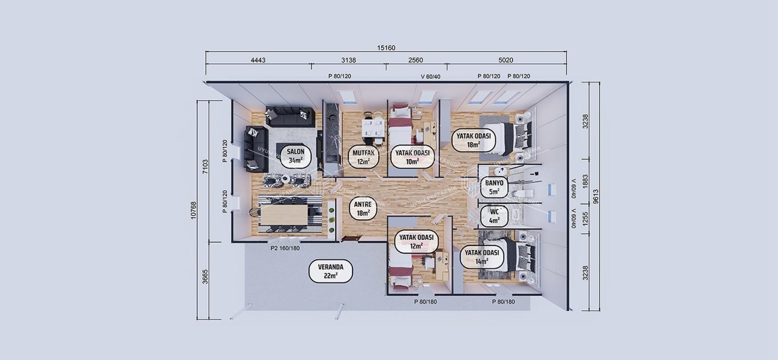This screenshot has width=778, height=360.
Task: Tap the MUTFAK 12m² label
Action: [364, 157]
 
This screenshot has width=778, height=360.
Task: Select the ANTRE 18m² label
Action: [363, 208]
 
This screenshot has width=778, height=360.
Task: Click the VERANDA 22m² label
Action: [330, 271]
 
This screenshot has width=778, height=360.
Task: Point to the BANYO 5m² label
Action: [494, 187]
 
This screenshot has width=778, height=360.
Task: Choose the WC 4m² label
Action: [494, 215]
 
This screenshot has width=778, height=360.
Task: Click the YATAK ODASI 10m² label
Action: [412, 157]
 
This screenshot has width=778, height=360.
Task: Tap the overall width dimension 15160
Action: [385, 48]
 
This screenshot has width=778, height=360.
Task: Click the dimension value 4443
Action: [258, 61]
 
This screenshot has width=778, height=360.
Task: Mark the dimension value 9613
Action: [596, 196]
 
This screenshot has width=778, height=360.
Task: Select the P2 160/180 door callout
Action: [285, 248]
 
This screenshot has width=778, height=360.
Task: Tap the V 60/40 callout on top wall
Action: [430, 76]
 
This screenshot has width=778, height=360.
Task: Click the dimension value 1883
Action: [586, 181]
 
